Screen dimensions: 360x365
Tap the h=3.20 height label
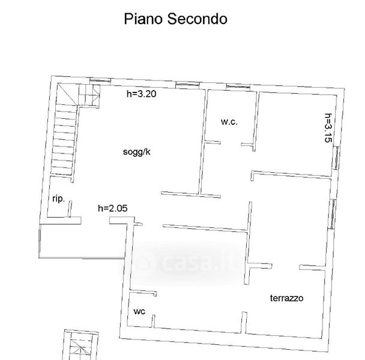pyautogui.click(x=142, y=94)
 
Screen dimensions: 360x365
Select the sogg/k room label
pyautogui.click(x=137, y=152)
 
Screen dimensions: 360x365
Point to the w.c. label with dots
pyautogui.click(x=229, y=122)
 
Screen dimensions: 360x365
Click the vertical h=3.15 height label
pyautogui.click(x=328, y=128)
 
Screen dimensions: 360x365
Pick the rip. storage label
pyautogui.click(x=58, y=199)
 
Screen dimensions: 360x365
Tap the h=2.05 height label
pyautogui.click(x=113, y=208)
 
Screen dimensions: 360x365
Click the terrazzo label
pyautogui.click(x=286, y=298)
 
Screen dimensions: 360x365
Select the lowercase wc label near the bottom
pyautogui.click(x=139, y=311)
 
